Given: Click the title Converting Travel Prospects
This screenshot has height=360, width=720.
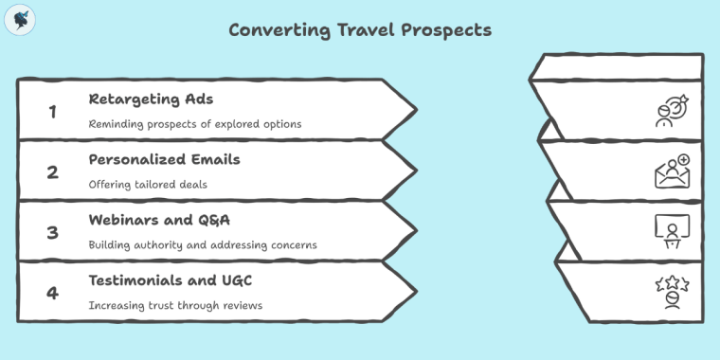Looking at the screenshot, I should pos(360,30).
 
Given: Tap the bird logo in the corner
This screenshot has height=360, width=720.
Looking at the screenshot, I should pos(20,20).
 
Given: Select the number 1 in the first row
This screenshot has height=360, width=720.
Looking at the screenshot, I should pos(53,111).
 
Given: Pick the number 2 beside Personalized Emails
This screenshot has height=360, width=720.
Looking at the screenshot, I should pos(53,171).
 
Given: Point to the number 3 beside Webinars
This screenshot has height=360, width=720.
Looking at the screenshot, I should pos(53,232).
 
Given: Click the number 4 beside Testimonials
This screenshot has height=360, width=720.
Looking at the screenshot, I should pos(53,293).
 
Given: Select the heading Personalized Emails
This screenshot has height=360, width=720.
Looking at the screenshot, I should pos(164,159).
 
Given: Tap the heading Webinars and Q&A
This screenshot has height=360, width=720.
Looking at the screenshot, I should pos(157,220).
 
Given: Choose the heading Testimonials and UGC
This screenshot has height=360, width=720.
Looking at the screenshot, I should pos(170,280).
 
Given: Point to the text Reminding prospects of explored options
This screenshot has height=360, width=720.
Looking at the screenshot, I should pos(195,124).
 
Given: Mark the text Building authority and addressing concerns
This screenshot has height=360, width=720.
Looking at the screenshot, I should pos(203,245).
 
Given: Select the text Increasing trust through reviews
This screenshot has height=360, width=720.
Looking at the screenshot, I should pos(175,306).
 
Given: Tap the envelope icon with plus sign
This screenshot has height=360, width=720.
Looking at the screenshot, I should pos(673,171).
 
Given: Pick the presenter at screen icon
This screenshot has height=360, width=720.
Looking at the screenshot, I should pos(673,231).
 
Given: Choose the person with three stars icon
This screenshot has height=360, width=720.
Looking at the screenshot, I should pos(673,292).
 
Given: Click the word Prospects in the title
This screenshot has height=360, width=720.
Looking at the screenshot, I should pos(445,30).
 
